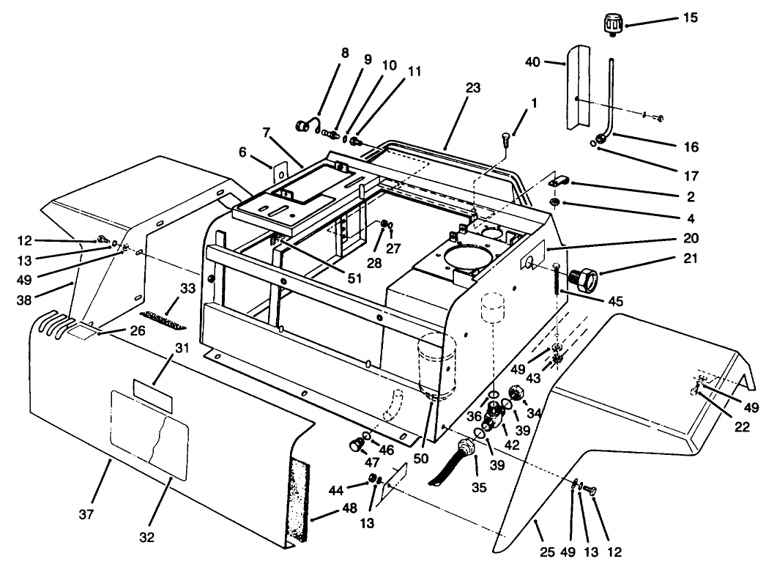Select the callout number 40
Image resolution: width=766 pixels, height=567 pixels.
pos(553,62)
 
